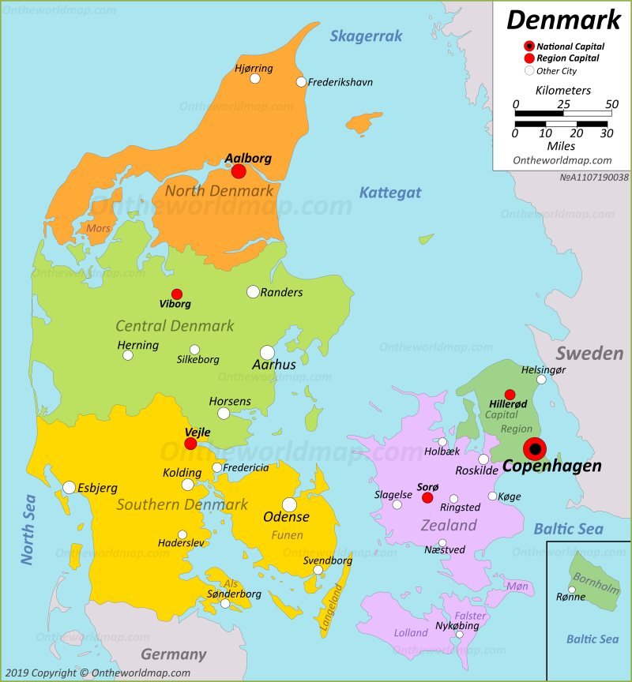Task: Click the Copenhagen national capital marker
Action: [535, 449]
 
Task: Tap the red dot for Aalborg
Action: [238, 171]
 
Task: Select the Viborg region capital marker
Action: [177, 294]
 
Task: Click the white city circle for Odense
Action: [289, 504]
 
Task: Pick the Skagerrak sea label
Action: [366, 36]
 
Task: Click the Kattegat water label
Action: [390, 192]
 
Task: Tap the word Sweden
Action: [589, 353]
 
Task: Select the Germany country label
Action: [173, 654]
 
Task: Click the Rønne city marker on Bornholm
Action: [572, 589]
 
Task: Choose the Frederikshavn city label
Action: [340, 82]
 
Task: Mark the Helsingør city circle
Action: [541, 380]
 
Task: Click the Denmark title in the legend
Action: [563, 19]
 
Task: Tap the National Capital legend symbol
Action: [529, 47]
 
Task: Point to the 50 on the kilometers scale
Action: [611, 104]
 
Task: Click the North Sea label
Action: [28, 529]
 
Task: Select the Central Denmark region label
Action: [175, 325]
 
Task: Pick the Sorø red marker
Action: [427, 497]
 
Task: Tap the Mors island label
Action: [98, 228]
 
